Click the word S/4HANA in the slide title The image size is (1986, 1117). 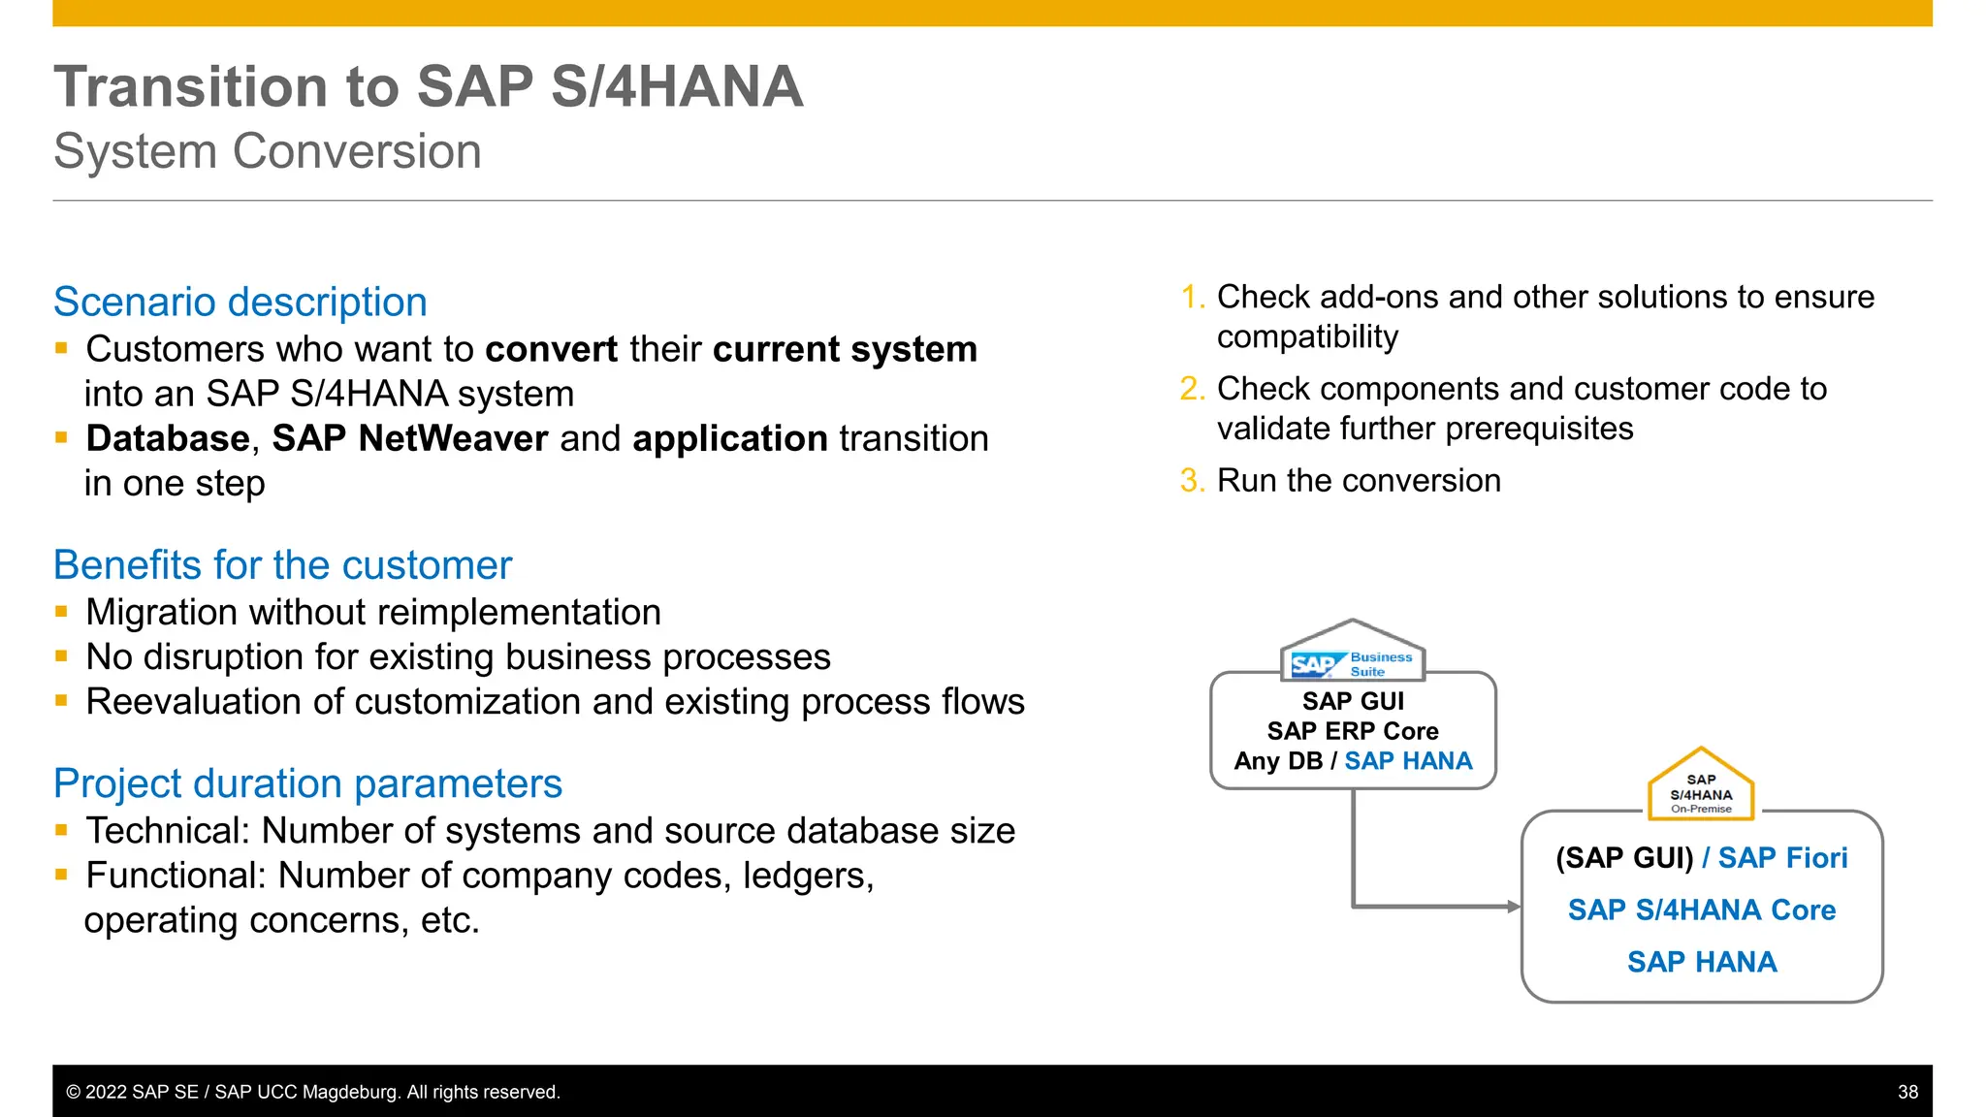[x=676, y=87]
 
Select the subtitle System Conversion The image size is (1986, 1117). [x=267, y=152]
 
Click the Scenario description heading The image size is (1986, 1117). [x=240, y=303]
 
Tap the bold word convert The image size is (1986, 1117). [x=551, y=350]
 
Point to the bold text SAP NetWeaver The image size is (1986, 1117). [x=409, y=439]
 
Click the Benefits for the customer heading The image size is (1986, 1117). [x=282, y=565]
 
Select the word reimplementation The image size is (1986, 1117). [x=519, y=613]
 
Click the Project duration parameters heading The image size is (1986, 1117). [x=307, y=783]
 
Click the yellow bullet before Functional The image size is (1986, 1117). [x=62, y=875]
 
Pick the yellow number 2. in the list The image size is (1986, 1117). [x=1192, y=389]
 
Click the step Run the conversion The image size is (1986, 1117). [x=1358, y=481]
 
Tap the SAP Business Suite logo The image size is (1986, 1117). [x=1352, y=663]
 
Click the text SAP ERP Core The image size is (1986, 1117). [x=1352, y=731]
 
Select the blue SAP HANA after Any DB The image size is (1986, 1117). [x=1407, y=761]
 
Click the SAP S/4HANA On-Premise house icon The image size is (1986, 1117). [x=1700, y=786]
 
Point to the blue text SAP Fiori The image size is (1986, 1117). [x=1782, y=858]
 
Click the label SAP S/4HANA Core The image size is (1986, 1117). [x=1701, y=910]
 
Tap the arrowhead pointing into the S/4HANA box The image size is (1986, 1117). [x=1514, y=907]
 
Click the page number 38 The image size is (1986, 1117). [x=1907, y=1092]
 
